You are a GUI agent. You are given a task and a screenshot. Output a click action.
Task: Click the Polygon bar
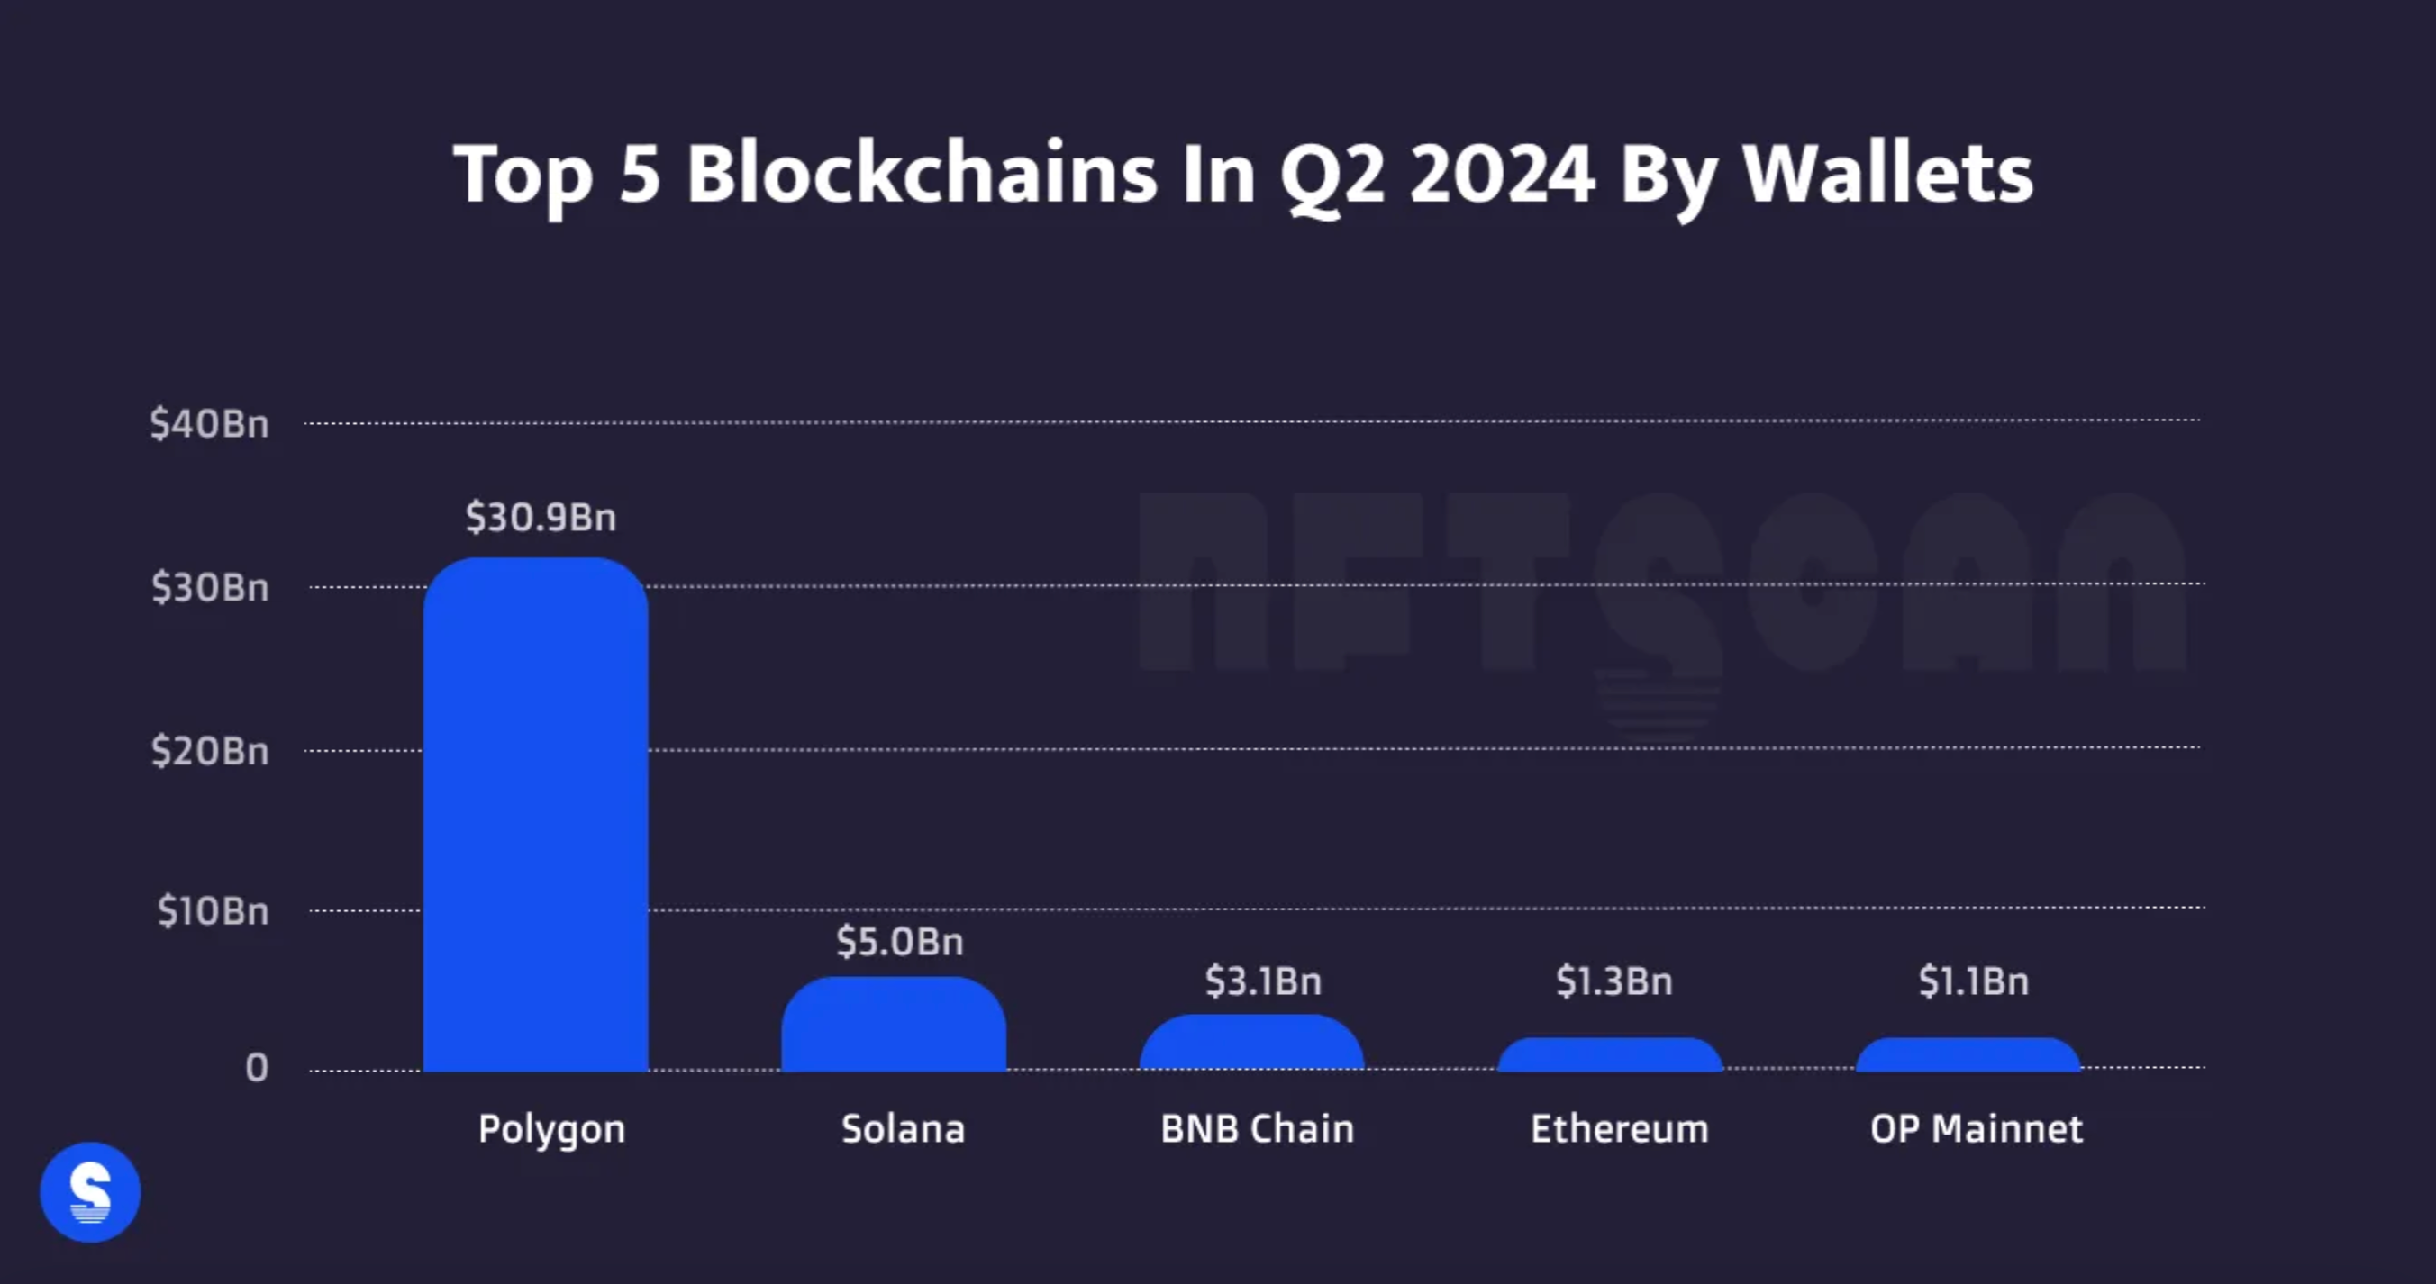[535, 813]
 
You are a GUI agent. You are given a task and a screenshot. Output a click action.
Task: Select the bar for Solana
[894, 1024]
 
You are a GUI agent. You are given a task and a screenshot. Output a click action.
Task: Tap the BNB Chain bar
[1251, 1043]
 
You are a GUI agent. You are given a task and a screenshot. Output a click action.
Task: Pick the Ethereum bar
[1610, 1054]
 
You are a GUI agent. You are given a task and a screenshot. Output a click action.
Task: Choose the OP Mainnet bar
[1968, 1054]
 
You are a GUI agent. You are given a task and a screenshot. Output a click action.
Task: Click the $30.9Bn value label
[541, 517]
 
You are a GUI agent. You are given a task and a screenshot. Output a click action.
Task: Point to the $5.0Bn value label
[899, 942]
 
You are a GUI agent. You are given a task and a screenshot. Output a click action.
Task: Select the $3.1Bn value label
[1262, 981]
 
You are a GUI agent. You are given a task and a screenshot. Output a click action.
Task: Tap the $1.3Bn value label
[1614, 981]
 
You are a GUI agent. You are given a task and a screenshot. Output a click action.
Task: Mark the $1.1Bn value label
[1974, 981]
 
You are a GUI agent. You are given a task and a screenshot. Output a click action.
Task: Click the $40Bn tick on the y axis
[209, 423]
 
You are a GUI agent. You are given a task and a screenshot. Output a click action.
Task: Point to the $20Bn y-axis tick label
[210, 752]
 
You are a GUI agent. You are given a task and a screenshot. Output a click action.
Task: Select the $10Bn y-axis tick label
[213, 911]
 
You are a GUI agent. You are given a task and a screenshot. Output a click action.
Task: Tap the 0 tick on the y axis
[256, 1069]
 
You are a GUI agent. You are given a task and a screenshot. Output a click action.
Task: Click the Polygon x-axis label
[551, 1129]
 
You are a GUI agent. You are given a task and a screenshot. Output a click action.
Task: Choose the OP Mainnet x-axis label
[1977, 1129]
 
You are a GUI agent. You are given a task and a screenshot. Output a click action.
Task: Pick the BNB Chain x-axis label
[1257, 1129]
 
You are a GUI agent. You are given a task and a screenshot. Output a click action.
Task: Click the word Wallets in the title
[1886, 175]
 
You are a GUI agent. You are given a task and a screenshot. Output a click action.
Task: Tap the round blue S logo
[90, 1192]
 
